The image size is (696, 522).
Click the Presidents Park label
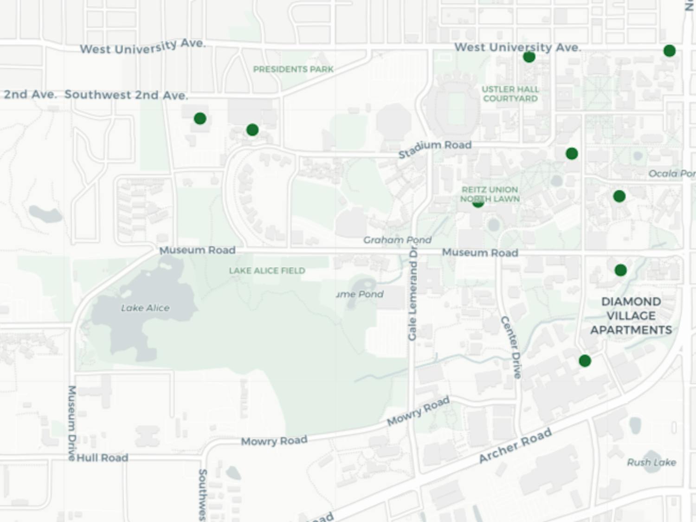tap(293, 69)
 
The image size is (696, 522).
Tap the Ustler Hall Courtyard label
tap(510, 94)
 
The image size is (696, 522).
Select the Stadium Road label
tap(435, 148)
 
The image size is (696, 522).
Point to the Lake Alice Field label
tap(267, 271)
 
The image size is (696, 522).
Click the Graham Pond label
tap(397, 240)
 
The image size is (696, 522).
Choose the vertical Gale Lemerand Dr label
tap(412, 294)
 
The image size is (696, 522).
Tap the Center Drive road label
tap(511, 347)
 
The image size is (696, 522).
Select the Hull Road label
tap(102, 458)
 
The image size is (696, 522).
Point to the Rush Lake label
tap(651, 462)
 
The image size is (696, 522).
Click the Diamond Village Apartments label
tap(631, 316)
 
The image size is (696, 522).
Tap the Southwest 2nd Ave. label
tap(126, 95)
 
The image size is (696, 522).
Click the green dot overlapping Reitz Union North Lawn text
tap(478, 203)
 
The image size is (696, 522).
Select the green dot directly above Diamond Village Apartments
tap(620, 270)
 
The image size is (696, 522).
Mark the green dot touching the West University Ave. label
tap(529, 57)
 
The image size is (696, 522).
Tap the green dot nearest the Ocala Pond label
tap(619, 196)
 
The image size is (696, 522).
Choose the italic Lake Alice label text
tap(145, 308)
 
